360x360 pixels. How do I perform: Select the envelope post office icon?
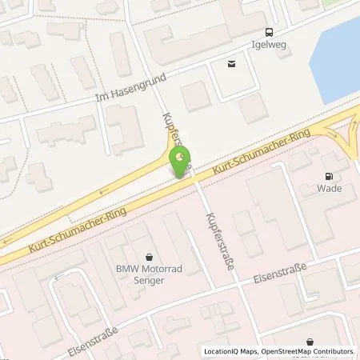[x=232, y=64]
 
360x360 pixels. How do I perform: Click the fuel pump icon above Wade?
[x=328, y=177]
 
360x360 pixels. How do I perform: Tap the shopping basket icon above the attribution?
[x=310, y=341]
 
